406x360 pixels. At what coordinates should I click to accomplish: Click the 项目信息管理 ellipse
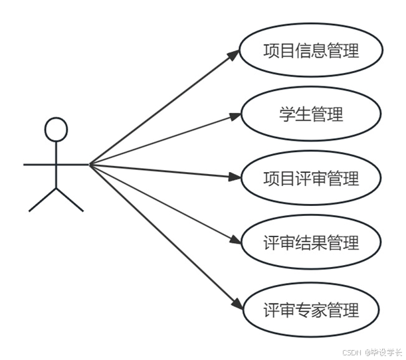(x=310, y=51)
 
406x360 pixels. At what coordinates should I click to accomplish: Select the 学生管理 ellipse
(x=310, y=114)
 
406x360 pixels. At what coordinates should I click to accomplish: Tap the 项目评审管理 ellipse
(x=310, y=179)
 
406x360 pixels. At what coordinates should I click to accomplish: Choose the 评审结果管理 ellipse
(x=310, y=243)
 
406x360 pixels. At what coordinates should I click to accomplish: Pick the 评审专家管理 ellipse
(x=310, y=310)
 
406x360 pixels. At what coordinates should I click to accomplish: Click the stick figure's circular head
(x=56, y=129)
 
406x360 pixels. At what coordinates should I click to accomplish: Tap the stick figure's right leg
(x=70, y=200)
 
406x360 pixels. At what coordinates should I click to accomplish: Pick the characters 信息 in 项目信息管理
(x=310, y=51)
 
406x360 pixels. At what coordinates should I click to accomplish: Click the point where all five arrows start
(x=90, y=163)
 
